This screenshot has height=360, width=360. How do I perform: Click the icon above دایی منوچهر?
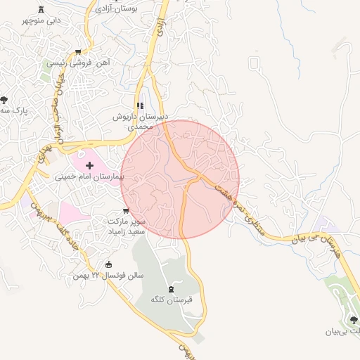(41, 8)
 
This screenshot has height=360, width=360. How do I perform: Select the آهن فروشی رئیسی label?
(79, 63)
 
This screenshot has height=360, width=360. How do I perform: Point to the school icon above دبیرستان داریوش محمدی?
(139, 105)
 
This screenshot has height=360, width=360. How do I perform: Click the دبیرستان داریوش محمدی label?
(139, 122)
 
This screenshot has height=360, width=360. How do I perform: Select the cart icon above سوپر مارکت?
(125, 210)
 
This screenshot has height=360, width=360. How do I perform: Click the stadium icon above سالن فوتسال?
(108, 264)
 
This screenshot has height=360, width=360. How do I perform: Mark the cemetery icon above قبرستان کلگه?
(171, 288)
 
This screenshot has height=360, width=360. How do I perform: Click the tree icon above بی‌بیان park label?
(353, 319)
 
